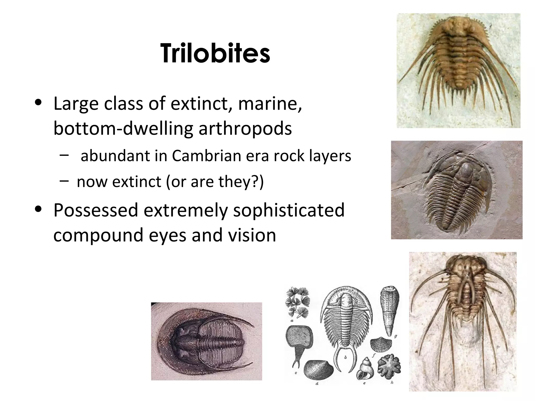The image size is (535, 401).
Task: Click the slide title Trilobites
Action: point(215,54)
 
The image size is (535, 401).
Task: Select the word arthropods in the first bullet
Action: point(245,128)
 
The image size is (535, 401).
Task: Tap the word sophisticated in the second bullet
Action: point(289,210)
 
